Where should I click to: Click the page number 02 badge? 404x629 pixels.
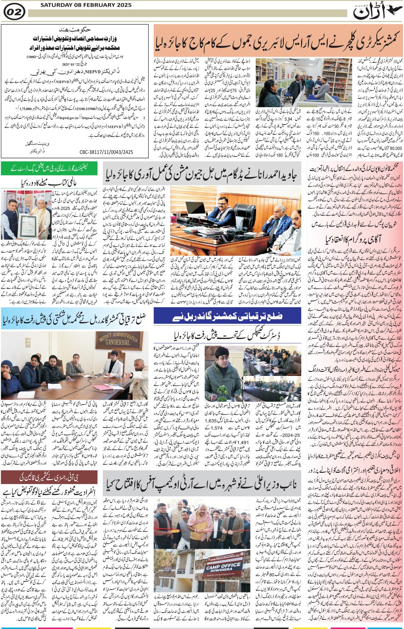coord(14,12)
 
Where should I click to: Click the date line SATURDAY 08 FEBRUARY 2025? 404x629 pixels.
coord(86,5)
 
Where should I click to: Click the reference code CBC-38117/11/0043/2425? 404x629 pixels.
coord(106,152)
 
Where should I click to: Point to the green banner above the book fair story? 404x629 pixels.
coord(49,168)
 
